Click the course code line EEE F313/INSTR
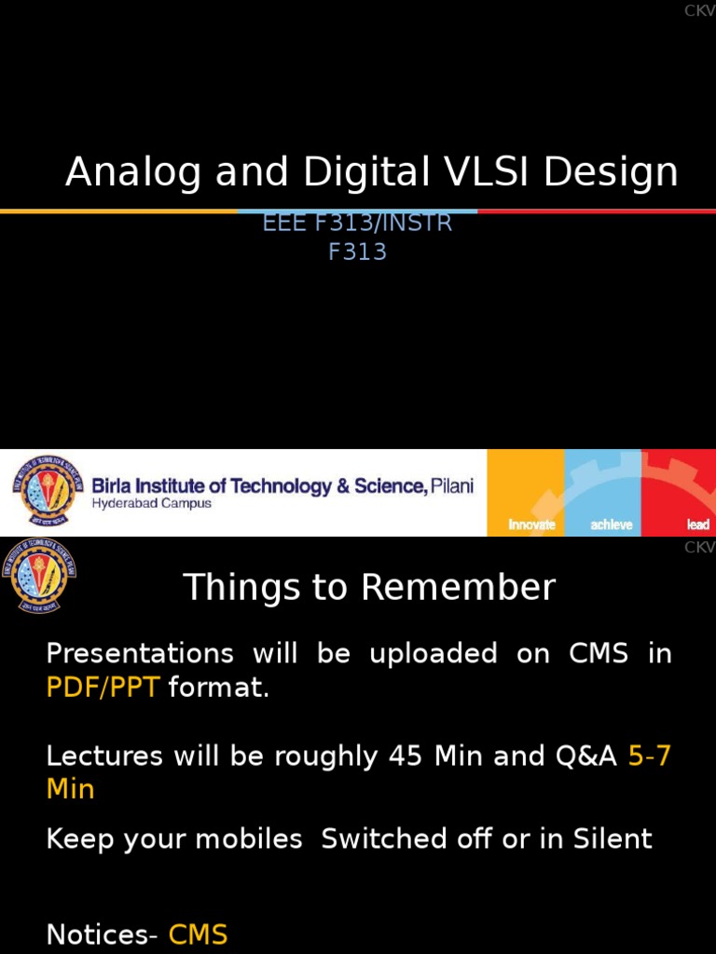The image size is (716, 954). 358,224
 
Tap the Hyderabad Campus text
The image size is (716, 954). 151,504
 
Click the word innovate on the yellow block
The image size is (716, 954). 531,525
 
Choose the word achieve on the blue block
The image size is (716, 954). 612,525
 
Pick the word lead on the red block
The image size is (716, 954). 697,525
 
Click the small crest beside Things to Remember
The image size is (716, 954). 38,575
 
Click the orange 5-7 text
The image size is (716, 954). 650,756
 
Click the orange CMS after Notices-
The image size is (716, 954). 198,934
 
